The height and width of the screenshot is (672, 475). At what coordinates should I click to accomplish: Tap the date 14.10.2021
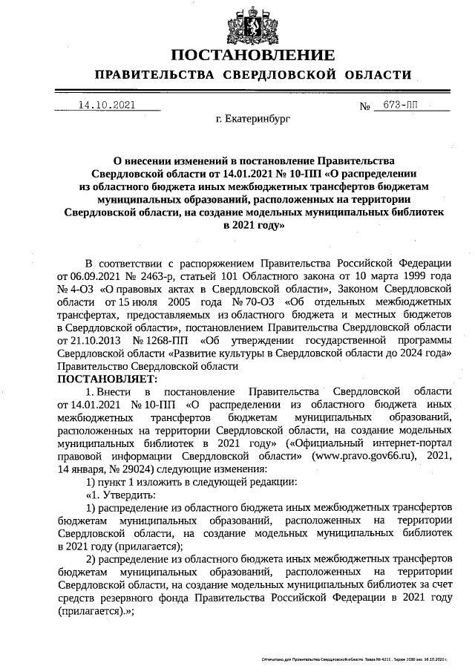[x=106, y=105]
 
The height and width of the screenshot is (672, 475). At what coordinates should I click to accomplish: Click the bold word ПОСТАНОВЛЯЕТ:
[x=102, y=379]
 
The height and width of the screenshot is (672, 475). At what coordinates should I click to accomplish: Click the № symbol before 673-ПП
[x=365, y=106]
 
